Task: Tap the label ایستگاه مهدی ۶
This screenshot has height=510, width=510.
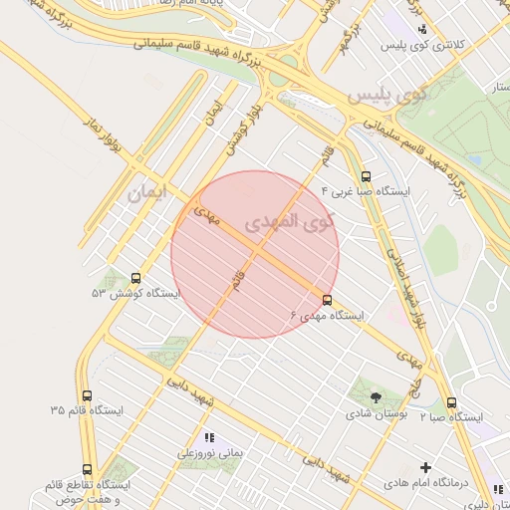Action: point(328,315)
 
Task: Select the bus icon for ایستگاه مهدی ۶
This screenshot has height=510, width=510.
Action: point(328,300)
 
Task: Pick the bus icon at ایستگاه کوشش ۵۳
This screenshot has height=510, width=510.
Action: point(135,279)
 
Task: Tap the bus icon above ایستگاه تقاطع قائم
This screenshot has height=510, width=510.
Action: point(87,469)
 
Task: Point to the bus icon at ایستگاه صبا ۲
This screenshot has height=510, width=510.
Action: point(452,403)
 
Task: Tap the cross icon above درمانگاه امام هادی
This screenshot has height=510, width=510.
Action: point(426,467)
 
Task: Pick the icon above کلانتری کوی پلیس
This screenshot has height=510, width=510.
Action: point(423,30)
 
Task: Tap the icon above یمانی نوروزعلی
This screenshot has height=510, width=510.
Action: point(209,437)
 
